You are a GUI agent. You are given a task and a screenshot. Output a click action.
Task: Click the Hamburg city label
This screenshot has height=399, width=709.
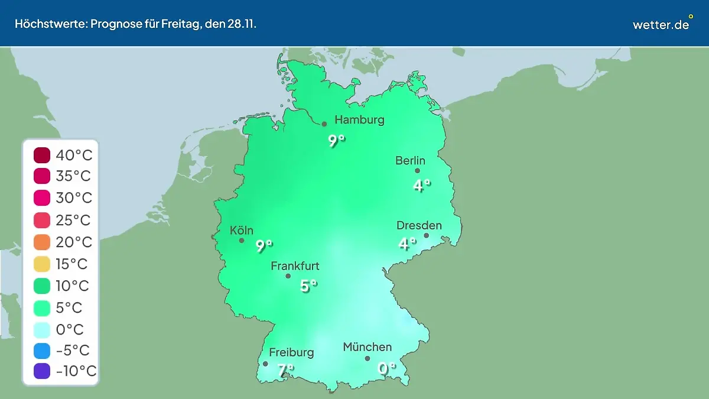[x=359, y=120]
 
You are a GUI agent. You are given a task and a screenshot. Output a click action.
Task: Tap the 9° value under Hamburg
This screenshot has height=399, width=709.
[x=336, y=141]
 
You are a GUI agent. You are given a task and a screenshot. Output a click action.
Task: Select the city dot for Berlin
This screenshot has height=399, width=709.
[x=417, y=171]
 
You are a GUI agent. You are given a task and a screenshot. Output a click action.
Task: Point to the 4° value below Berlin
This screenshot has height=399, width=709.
[x=421, y=186]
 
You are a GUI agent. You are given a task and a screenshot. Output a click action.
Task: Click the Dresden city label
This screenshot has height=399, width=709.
[x=419, y=225]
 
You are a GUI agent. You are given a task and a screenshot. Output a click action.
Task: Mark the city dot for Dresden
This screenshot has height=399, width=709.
[x=426, y=235]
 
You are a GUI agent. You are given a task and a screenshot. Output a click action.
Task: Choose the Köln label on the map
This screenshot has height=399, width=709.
[x=242, y=230]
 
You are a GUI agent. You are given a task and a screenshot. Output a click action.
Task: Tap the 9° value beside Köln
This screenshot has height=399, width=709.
[x=264, y=246]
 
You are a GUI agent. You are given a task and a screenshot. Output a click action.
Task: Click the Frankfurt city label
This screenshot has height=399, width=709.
[x=295, y=266]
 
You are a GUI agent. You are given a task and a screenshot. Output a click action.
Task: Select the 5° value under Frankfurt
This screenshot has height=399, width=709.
[x=308, y=286]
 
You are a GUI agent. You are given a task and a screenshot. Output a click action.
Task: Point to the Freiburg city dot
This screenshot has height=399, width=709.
[x=265, y=364]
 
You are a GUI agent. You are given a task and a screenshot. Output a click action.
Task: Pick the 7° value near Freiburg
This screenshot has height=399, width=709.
[x=285, y=371]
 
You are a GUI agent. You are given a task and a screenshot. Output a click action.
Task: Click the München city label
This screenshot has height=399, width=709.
[x=367, y=347]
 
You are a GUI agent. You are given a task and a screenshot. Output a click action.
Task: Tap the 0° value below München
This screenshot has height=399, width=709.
[x=386, y=369]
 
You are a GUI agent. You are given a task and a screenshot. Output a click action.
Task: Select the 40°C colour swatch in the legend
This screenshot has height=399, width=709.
[x=42, y=155]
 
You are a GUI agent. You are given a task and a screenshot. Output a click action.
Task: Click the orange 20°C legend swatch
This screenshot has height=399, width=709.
[x=42, y=242]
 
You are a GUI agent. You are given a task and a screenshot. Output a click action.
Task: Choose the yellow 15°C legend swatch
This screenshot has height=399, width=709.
[x=42, y=264]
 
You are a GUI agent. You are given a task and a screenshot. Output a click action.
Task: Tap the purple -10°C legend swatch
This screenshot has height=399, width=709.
[x=42, y=371]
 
